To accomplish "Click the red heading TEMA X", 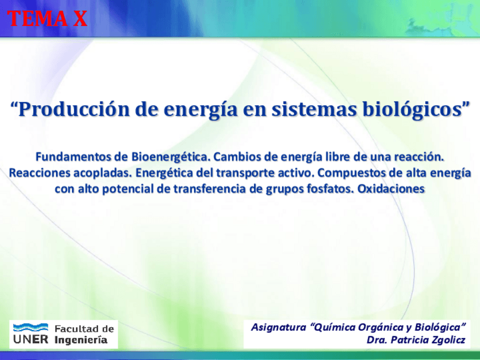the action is pyautogui.click(x=48, y=18).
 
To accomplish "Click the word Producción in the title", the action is pyautogui.click(x=74, y=109).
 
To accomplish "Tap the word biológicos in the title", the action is pyautogui.click(x=412, y=110).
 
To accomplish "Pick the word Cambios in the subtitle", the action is pyautogui.click(x=237, y=157).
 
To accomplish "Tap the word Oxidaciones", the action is pyautogui.click(x=391, y=189).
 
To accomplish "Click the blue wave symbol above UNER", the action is pyautogui.click(x=31, y=327).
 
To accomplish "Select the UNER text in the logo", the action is pyautogui.click(x=31, y=339).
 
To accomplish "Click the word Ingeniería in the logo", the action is pyautogui.click(x=81, y=340).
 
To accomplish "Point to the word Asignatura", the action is pyautogui.click(x=278, y=327).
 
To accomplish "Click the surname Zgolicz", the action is pyautogui.click(x=448, y=340).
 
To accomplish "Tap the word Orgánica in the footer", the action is pyautogui.click(x=381, y=327).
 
